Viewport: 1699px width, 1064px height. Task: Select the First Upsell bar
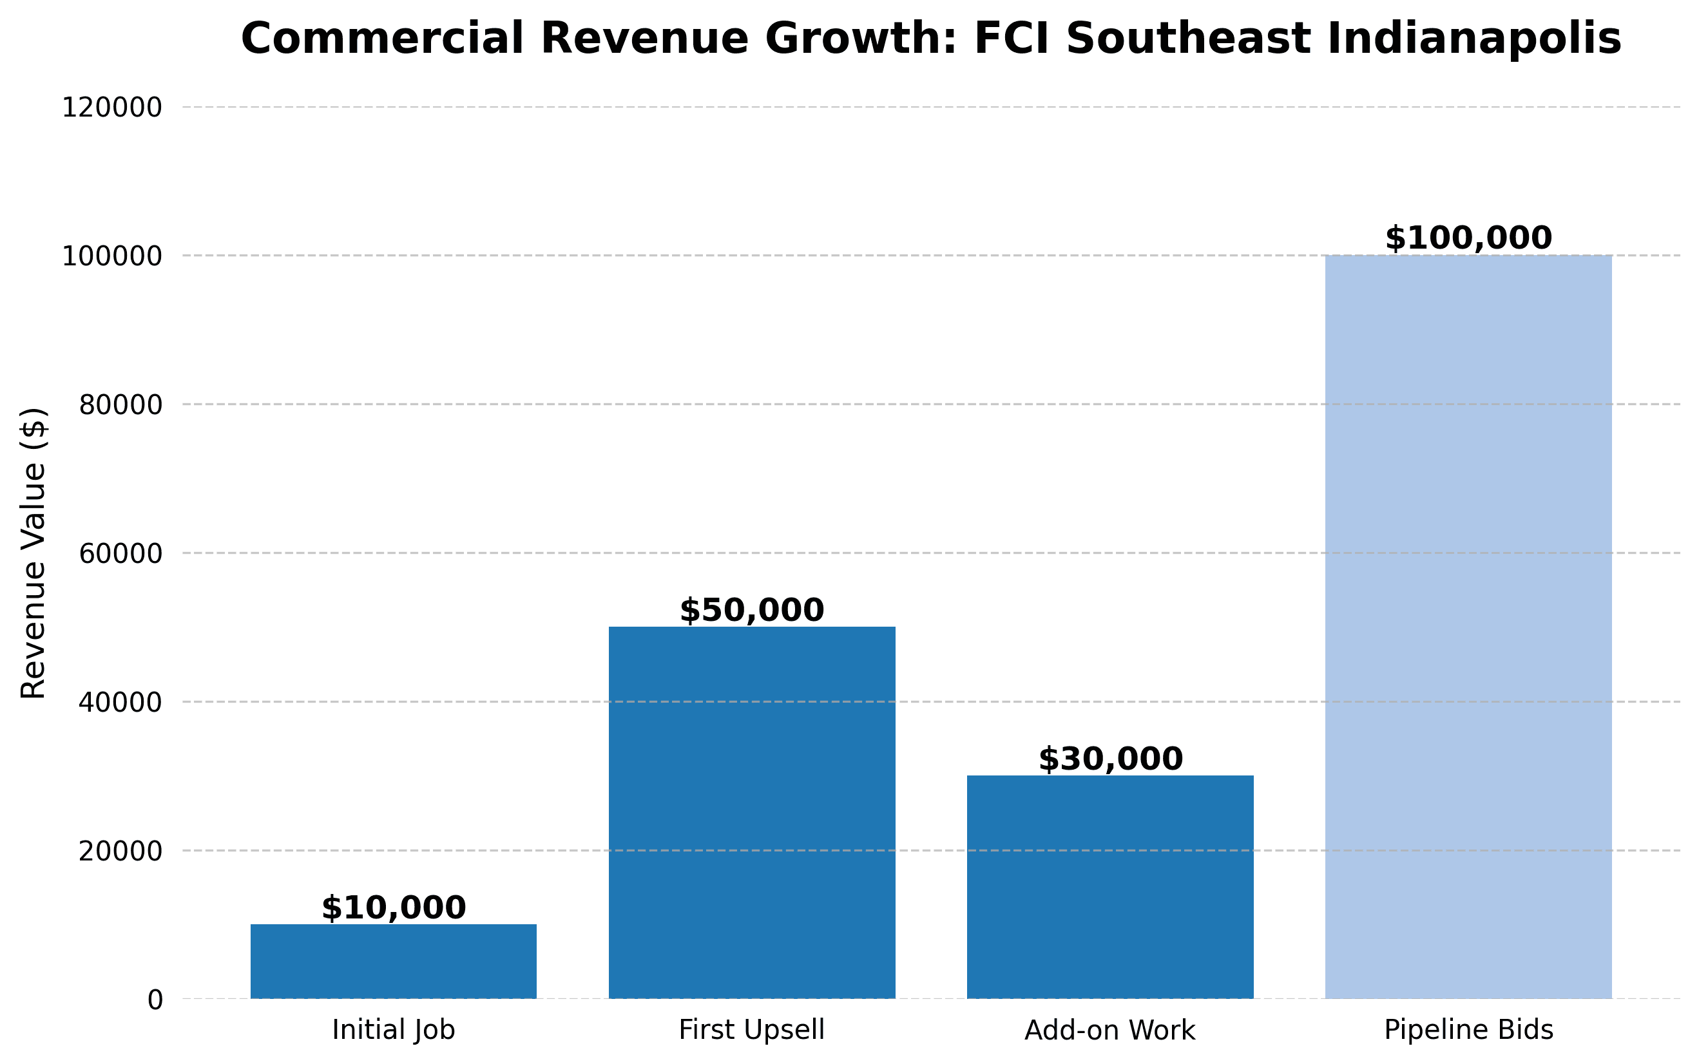point(752,812)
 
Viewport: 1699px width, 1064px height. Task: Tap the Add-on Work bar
point(1110,887)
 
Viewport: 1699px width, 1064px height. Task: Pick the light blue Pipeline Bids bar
point(1468,626)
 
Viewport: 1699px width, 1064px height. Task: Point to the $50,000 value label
point(752,610)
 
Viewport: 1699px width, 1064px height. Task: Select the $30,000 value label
point(1111,759)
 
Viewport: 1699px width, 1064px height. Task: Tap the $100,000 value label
point(1468,238)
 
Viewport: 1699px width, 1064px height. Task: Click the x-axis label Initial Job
point(394,1031)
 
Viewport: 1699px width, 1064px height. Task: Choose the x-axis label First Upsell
point(752,1031)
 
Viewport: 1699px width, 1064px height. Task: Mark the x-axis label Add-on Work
point(1110,1031)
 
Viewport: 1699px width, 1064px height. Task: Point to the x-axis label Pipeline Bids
point(1469,1031)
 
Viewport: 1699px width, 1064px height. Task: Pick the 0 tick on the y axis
point(155,999)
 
